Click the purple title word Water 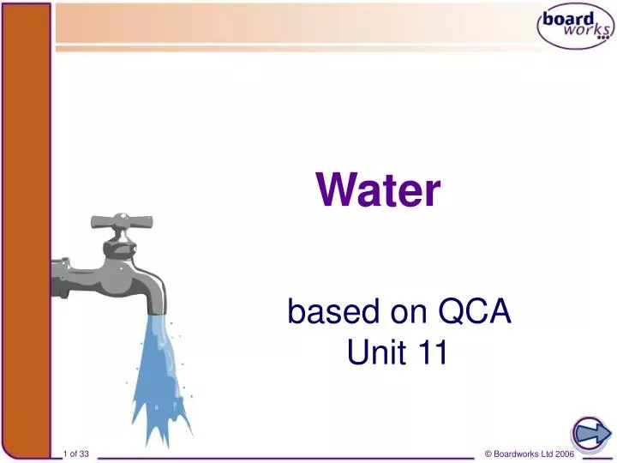[378, 189]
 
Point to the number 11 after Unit [431, 352]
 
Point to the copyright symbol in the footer [488, 453]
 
